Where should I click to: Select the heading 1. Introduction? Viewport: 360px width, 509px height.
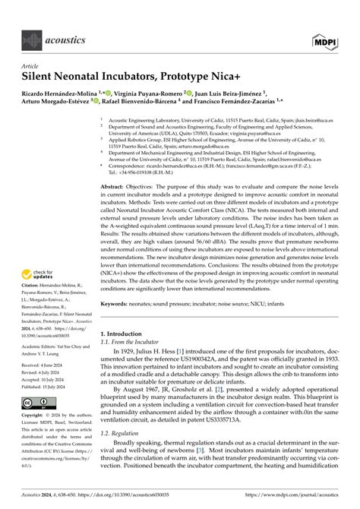(122, 334)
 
